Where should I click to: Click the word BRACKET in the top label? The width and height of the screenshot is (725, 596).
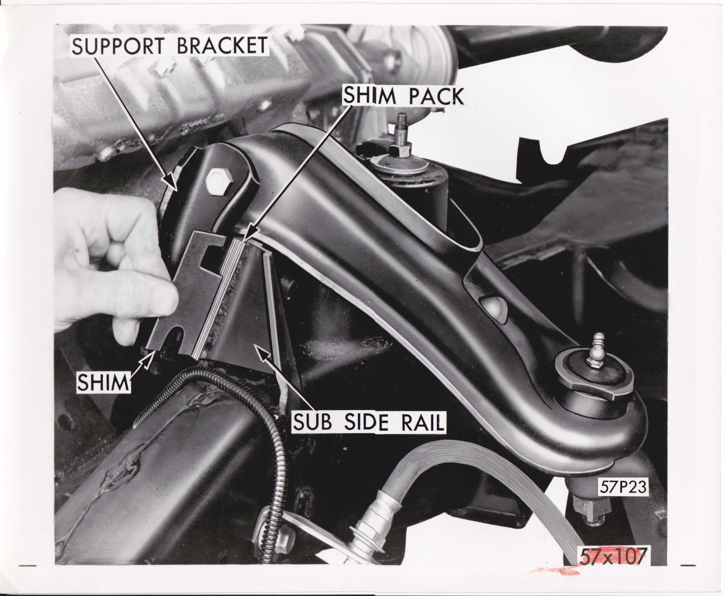pyautogui.click(x=222, y=46)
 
